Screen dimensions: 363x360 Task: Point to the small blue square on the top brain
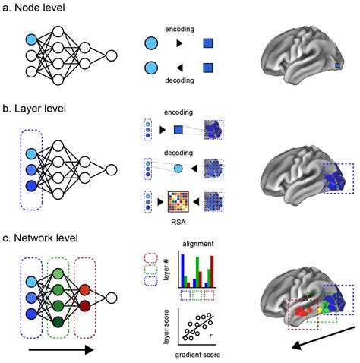coord(338,68)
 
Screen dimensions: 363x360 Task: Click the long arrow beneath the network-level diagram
coord(60,350)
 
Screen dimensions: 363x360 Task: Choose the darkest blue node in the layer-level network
coord(30,185)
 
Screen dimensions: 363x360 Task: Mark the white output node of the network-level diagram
coord(112,298)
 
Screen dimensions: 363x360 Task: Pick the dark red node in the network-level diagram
coord(85,308)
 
